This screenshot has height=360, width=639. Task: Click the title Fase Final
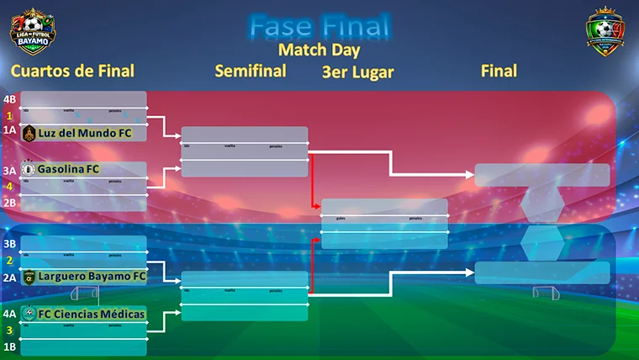coord(319,26)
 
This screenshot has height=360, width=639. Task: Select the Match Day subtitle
coord(319,50)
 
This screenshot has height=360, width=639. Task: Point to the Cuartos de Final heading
coord(72,71)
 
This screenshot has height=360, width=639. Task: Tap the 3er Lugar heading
coord(357,72)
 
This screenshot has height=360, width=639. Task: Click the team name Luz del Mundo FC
coord(86,132)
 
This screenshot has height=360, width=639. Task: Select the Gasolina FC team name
coord(69,169)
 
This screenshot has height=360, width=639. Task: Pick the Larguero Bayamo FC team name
coord(92,276)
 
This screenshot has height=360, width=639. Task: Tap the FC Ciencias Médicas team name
coord(92,315)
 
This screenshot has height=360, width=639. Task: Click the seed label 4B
coord(10,99)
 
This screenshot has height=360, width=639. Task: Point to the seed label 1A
coord(10,130)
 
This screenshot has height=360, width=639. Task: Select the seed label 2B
coord(10,202)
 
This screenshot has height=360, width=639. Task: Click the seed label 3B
coord(10,245)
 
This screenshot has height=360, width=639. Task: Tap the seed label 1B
coord(10,346)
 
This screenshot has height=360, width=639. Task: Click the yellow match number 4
coord(10,186)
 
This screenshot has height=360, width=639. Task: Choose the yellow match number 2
coord(10,260)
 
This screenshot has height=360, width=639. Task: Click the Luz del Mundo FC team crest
coord(29,132)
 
